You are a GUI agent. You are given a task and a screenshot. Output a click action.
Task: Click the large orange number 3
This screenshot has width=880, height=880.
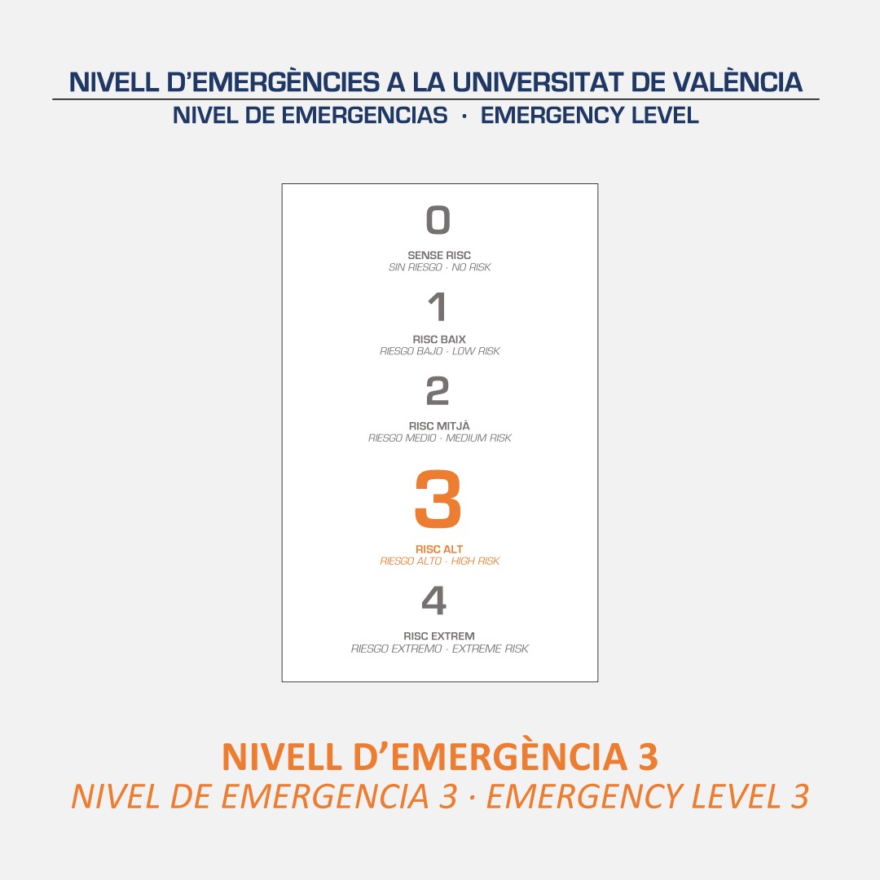438,499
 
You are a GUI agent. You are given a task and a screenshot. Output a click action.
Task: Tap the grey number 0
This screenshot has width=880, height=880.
438,220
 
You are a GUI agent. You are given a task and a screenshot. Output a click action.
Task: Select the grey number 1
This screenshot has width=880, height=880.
438,307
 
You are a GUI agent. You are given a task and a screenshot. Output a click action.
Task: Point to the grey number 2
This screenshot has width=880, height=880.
438,392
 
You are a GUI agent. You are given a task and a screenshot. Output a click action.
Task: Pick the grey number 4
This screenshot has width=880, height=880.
435,601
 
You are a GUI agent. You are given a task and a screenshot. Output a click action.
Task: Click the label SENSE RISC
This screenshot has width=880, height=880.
439,255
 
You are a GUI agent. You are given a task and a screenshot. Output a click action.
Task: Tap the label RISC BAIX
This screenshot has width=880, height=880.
439,339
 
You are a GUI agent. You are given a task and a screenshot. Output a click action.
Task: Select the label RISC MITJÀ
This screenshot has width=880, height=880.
439,425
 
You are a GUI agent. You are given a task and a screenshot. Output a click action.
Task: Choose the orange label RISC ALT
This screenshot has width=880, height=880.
439,549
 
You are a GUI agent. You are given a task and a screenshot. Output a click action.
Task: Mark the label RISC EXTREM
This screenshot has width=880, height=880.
439,636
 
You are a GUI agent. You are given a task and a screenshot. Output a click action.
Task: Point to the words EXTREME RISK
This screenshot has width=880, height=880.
491,649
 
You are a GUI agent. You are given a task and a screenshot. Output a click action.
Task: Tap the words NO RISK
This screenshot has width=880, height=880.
471,267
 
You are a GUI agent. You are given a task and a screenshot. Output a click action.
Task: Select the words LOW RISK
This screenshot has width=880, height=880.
476,351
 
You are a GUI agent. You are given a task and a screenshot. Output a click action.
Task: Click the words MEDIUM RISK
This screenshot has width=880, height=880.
478,438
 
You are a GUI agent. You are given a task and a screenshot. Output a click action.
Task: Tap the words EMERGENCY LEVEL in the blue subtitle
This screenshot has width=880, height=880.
590,116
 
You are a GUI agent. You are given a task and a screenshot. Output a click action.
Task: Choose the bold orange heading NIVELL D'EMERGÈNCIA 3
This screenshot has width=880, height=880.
440,757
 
